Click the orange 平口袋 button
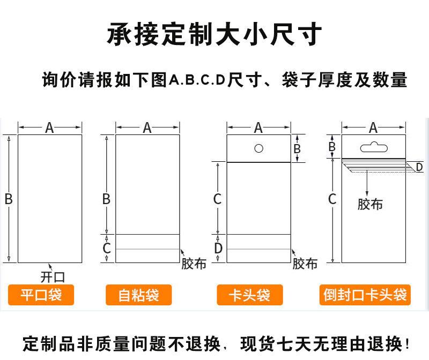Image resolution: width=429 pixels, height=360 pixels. [41, 295]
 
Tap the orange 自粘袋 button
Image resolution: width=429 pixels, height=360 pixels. [139, 295]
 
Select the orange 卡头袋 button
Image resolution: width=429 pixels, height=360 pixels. [249, 295]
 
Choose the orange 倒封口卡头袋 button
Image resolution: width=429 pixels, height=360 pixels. [366, 295]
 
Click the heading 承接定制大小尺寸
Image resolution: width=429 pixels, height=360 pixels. [214, 34]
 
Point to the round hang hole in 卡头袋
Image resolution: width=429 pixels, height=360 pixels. [258, 148]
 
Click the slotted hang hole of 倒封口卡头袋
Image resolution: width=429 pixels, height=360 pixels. [374, 145]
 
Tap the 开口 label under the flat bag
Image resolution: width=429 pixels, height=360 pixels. [53, 276]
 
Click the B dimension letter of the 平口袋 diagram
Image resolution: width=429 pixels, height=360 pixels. [9, 199]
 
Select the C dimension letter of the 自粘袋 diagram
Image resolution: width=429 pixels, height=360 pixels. [107, 248]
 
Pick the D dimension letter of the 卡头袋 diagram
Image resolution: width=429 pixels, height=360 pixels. [218, 248]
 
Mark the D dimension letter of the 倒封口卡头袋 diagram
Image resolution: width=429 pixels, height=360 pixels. [419, 167]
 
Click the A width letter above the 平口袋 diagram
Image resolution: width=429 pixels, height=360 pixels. [49, 127]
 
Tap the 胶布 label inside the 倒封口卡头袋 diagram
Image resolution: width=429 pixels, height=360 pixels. [370, 204]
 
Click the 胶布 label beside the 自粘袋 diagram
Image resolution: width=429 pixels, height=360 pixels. [194, 264]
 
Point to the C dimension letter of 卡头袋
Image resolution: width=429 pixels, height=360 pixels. [217, 199]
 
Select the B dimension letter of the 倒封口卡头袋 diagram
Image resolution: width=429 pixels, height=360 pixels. [332, 145]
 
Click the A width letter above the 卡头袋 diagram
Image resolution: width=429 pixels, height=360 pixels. [258, 127]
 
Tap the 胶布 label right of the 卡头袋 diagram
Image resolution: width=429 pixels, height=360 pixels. [305, 264]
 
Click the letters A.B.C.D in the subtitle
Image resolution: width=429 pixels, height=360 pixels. [198, 80]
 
